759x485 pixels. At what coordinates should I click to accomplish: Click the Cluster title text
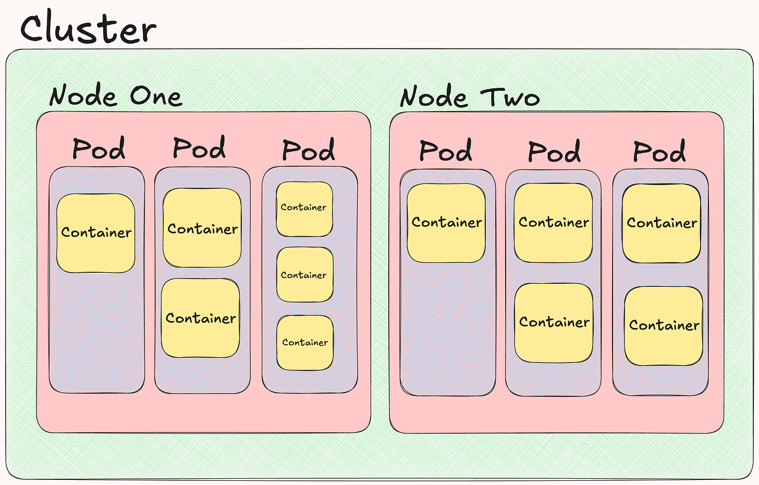(x=88, y=28)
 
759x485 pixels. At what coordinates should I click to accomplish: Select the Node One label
(x=116, y=96)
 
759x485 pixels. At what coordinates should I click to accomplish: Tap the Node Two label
(x=470, y=98)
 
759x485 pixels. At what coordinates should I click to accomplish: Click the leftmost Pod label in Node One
(x=99, y=149)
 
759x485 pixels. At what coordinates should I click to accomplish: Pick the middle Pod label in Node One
(x=199, y=148)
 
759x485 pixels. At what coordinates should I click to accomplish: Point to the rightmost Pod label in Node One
(x=309, y=151)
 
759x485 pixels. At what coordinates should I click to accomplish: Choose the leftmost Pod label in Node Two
(x=446, y=151)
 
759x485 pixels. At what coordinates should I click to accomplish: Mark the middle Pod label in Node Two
(x=554, y=152)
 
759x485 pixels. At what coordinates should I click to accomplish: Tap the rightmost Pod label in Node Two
(x=659, y=152)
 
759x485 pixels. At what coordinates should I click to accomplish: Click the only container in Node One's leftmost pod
(x=96, y=233)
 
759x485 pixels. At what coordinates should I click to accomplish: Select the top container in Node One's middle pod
(x=202, y=228)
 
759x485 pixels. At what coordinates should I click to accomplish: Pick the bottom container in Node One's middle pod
(x=201, y=318)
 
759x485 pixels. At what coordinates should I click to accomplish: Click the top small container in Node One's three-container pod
(x=304, y=208)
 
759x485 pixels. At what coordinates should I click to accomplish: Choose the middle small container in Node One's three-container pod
(x=304, y=275)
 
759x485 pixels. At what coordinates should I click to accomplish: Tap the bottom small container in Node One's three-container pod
(x=305, y=343)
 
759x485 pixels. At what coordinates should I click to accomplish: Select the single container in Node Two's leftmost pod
(x=446, y=223)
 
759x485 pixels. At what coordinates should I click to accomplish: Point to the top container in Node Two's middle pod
(x=554, y=223)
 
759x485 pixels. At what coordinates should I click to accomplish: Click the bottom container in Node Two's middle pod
(x=554, y=322)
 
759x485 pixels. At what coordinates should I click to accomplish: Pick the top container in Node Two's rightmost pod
(x=662, y=223)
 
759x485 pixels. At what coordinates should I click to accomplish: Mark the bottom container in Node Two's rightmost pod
(x=664, y=325)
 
